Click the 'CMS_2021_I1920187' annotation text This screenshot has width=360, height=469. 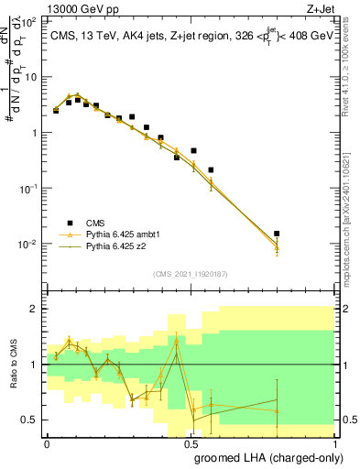191,273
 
